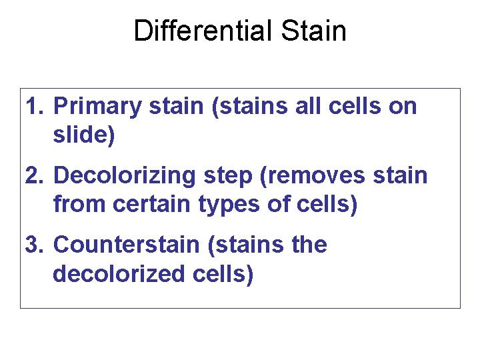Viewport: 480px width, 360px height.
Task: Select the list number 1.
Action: pos(35,107)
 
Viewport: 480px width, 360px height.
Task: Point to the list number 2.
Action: pos(35,176)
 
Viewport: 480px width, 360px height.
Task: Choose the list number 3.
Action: pos(35,245)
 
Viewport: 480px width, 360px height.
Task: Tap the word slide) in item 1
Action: pos(84,135)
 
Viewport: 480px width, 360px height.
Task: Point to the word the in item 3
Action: pos(308,245)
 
